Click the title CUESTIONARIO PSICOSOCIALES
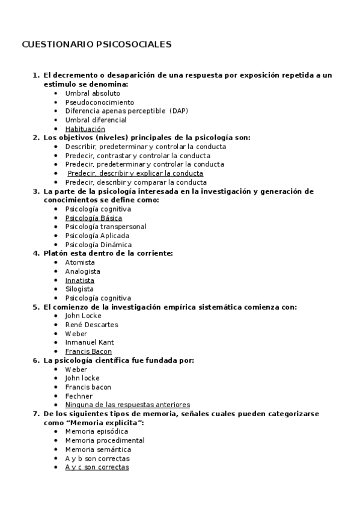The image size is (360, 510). [97, 45]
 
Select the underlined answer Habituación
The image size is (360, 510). [85, 129]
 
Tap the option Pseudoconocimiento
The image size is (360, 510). [100, 102]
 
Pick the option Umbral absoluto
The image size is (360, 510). [93, 93]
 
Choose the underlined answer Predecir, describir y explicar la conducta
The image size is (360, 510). [135, 173]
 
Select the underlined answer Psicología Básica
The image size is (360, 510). [93, 218]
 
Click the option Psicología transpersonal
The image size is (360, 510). [105, 227]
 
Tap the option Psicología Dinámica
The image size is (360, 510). [99, 245]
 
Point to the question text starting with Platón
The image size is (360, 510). [108, 253]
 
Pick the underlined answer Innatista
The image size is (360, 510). [79, 280]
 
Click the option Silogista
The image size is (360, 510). [79, 289]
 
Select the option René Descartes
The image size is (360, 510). [91, 325]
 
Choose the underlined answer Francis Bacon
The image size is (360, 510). [88, 351]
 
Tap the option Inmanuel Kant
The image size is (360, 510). [90, 343]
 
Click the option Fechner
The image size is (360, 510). [79, 396]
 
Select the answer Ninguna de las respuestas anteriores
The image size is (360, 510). [127, 405]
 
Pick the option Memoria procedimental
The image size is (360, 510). [105, 440]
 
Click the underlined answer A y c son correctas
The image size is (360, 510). [97, 467]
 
